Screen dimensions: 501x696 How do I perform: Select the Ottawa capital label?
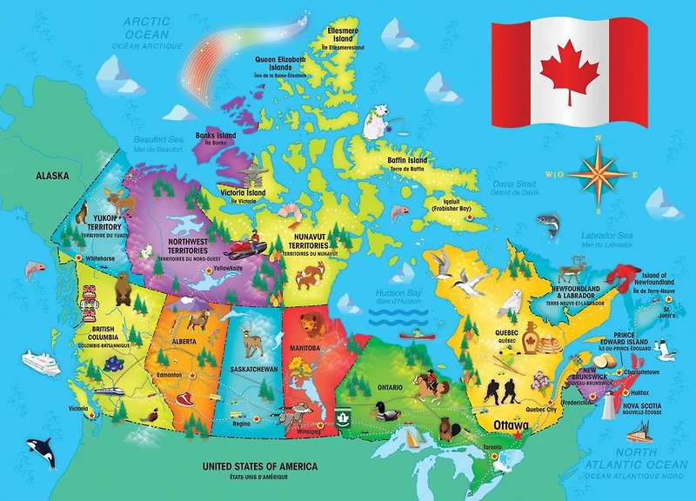pyautogui.click(x=511, y=424)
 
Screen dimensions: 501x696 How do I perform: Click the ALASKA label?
pyautogui.click(x=52, y=176)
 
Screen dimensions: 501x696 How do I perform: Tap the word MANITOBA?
pyautogui.click(x=305, y=349)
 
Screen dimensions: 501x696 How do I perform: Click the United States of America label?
pyautogui.click(x=259, y=467)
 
